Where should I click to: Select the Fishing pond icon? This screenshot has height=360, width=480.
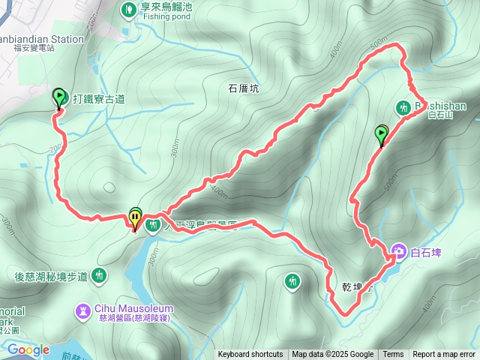pyautogui.click(x=128, y=10)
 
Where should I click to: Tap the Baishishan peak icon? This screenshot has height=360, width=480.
pyautogui.click(x=401, y=106)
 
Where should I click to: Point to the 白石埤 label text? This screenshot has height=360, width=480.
pyautogui.click(x=427, y=251)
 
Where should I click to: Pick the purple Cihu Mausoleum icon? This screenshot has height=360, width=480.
pyautogui.click(x=82, y=309)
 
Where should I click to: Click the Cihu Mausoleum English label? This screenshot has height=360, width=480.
pyautogui.click(x=133, y=307)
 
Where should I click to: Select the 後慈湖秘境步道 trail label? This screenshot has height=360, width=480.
pyautogui.click(x=51, y=277)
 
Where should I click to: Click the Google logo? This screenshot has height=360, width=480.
pyautogui.click(x=28, y=349)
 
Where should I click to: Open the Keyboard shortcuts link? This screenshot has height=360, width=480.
pyautogui.click(x=250, y=355)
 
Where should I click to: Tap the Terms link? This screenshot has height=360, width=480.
pyautogui.click(x=393, y=355)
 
